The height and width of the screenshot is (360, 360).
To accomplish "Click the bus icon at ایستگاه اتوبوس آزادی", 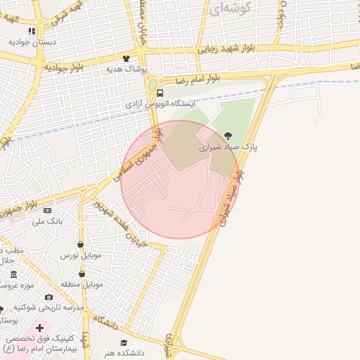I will [x=160, y=93].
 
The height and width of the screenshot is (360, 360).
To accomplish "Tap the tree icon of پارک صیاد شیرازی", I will [x=227, y=136].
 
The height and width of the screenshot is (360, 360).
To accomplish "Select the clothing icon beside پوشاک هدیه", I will [x=126, y=59].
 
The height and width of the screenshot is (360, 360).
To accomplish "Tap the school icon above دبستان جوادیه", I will [x=31, y=32].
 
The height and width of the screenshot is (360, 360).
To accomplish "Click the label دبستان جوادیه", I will [x=32, y=41].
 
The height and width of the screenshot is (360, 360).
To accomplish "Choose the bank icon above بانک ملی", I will [x=48, y=210].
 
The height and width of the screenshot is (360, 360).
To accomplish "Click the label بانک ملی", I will [x=48, y=221].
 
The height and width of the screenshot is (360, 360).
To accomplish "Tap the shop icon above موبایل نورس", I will [x=82, y=244].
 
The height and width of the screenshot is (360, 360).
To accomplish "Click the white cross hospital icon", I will [x=39, y=328].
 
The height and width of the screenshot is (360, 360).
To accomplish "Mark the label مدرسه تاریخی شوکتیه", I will [x=53, y=307].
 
